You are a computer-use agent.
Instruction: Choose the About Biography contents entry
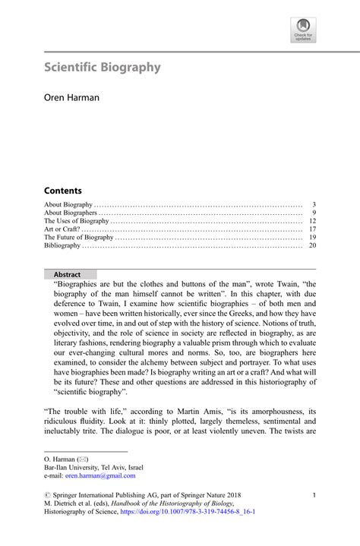click(68, 205)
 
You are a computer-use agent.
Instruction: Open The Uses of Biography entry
click(77, 221)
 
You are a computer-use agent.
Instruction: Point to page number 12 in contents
click(312, 221)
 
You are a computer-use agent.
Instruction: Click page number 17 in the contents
click(312, 229)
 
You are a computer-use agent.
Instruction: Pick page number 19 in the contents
click(312, 238)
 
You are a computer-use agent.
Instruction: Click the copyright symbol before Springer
click(47, 495)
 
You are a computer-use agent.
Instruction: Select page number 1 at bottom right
click(314, 495)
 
